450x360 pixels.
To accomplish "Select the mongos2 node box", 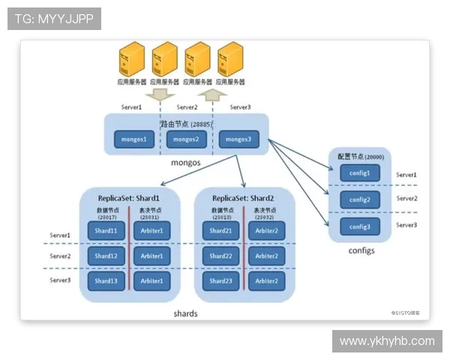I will tap(185, 139).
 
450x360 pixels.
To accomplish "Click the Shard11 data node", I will tap(105, 230).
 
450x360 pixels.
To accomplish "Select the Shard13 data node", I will tap(105, 281).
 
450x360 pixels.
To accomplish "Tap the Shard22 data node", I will tap(220, 256).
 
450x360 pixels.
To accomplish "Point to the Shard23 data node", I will tap(220, 281).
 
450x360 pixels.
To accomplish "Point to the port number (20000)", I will tap(371, 157).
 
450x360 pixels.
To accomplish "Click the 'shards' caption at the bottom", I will tap(184, 313).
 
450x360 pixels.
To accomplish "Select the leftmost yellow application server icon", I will tap(131, 58).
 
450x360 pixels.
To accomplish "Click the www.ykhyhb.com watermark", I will tap(386, 341).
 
